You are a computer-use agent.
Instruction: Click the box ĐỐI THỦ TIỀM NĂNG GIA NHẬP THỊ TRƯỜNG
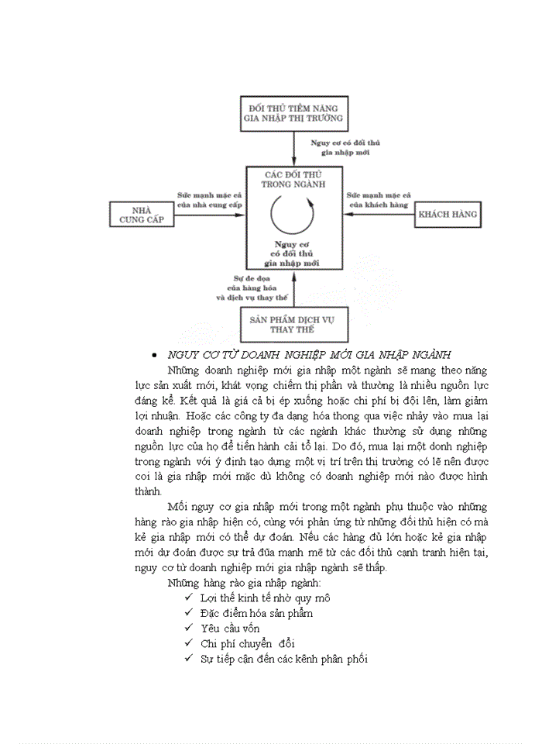[x=293, y=112]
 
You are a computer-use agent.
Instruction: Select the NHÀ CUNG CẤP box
[x=140, y=214]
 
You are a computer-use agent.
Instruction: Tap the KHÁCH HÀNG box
[x=448, y=213]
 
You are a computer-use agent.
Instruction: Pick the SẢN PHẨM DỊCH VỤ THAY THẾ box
[x=293, y=324]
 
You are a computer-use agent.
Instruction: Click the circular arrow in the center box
[x=294, y=214]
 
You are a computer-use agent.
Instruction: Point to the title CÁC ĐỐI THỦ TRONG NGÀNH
[x=294, y=179]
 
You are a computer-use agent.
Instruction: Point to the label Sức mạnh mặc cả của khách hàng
[x=379, y=199]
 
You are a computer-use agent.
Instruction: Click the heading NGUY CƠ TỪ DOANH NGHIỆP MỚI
[x=309, y=354]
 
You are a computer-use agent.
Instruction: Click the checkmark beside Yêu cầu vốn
[x=188, y=627]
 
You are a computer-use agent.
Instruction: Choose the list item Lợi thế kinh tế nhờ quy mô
[x=254, y=598]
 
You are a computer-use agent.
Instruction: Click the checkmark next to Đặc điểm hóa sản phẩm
[x=188, y=612]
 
